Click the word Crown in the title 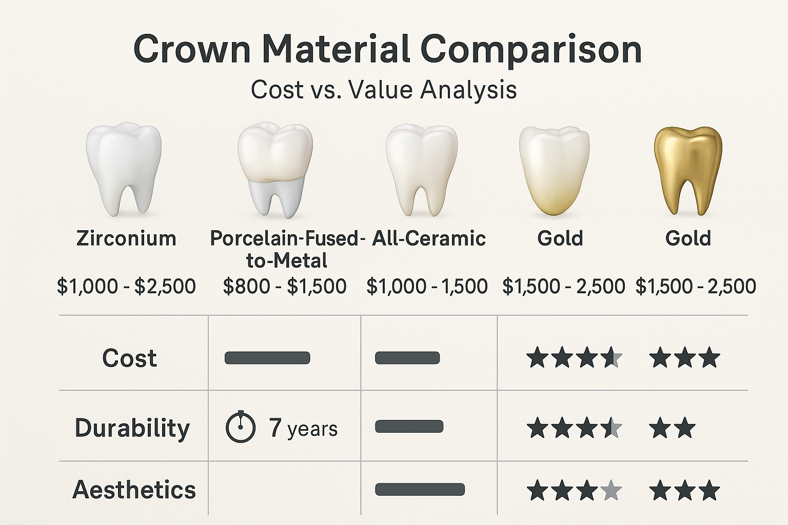192,49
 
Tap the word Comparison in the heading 531,50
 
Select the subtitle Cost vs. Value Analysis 384,90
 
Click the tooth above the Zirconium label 124,169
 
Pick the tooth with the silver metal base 275,169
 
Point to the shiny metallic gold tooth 688,169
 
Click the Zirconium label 126,238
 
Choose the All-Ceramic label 429,238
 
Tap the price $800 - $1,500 285,286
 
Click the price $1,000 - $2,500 126,286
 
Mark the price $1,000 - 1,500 427,286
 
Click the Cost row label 129,358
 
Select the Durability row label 132,428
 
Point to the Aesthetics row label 134,490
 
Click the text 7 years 303,428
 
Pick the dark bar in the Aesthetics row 420,489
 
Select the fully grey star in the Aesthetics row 610,490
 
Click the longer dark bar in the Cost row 267,358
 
